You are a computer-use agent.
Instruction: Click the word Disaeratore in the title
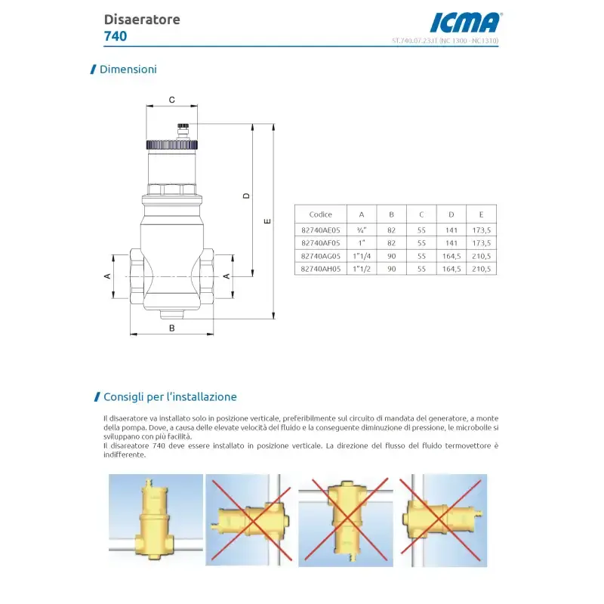(142, 20)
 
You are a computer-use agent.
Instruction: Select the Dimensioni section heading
(128, 69)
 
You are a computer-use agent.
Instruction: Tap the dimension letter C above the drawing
(171, 99)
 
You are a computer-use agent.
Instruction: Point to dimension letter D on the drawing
(246, 196)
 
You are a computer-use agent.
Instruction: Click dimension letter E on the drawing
(267, 221)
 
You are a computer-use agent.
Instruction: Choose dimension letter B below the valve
(171, 328)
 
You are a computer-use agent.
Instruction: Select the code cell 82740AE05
(320, 230)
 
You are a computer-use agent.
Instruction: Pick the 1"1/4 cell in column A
(362, 255)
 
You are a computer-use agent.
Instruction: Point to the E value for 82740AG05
(481, 255)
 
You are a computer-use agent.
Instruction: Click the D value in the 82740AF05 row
(451, 242)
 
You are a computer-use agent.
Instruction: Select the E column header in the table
(481, 214)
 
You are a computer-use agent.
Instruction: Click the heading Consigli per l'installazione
(170, 397)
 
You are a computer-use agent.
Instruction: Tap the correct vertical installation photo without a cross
(156, 520)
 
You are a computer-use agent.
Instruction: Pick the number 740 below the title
(116, 35)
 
